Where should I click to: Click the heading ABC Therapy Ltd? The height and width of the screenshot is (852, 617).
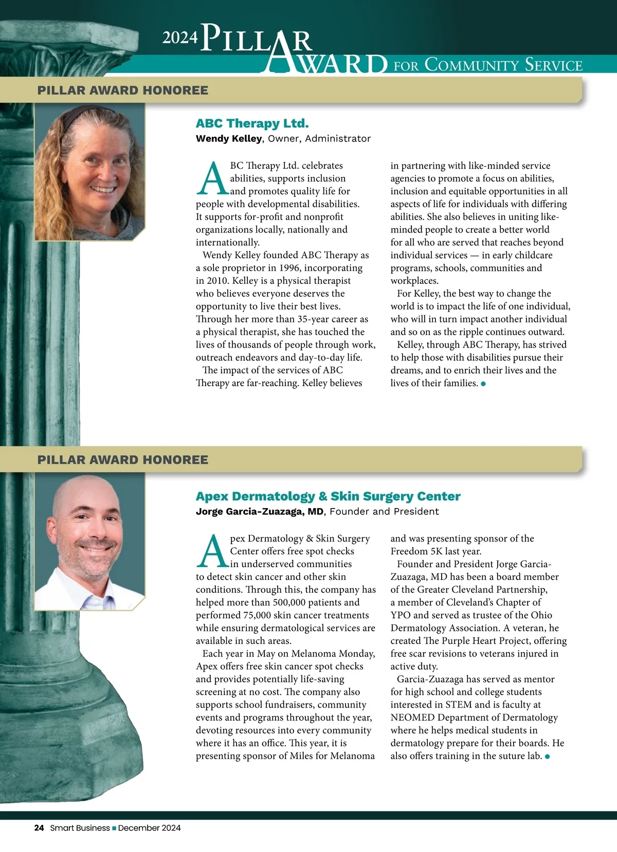[x=252, y=123]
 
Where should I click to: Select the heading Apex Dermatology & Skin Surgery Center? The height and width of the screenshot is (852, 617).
[x=328, y=496]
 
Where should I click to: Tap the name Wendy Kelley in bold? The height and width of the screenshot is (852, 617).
[x=229, y=138]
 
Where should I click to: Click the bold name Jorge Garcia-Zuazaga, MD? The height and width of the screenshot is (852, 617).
[x=260, y=511]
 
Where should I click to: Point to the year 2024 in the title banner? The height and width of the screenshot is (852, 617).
[x=180, y=37]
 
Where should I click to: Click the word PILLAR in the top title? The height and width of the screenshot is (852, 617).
[x=256, y=39]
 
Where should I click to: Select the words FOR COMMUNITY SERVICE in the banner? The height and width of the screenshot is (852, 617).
[x=488, y=65]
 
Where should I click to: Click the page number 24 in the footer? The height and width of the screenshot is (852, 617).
[x=39, y=828]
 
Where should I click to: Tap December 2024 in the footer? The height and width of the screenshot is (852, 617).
[x=150, y=828]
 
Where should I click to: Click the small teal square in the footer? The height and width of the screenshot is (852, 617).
[x=114, y=828]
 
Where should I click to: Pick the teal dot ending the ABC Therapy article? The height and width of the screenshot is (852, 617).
[x=483, y=384]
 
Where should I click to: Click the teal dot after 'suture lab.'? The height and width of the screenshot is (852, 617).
[x=548, y=756]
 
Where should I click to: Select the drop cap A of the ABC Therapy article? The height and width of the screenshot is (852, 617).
[x=212, y=179]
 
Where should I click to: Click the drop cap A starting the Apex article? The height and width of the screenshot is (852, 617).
[x=212, y=552]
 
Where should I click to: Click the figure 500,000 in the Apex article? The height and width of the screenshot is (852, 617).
[x=295, y=602]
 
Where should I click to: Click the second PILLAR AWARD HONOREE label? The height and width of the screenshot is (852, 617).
[x=122, y=460]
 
